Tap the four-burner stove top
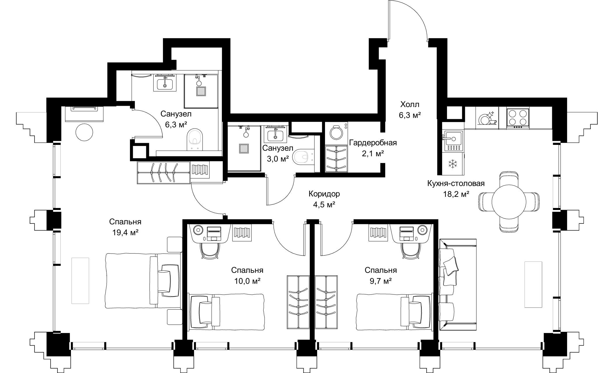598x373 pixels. [518, 119]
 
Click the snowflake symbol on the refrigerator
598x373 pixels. [453, 164]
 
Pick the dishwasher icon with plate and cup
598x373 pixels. [487, 118]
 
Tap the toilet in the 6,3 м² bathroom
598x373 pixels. [194, 139]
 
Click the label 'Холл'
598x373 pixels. [410, 104]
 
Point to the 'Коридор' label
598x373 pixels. [324, 194]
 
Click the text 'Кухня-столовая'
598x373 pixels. [456, 183]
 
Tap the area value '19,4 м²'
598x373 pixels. [125, 233]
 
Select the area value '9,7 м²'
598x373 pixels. [380, 281]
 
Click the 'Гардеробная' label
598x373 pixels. [373, 143]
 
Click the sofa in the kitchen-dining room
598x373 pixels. [457, 284]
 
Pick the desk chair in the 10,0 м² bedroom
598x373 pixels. [209, 250]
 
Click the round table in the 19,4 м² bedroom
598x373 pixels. [84, 132]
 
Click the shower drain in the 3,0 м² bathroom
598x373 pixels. [244, 149]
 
